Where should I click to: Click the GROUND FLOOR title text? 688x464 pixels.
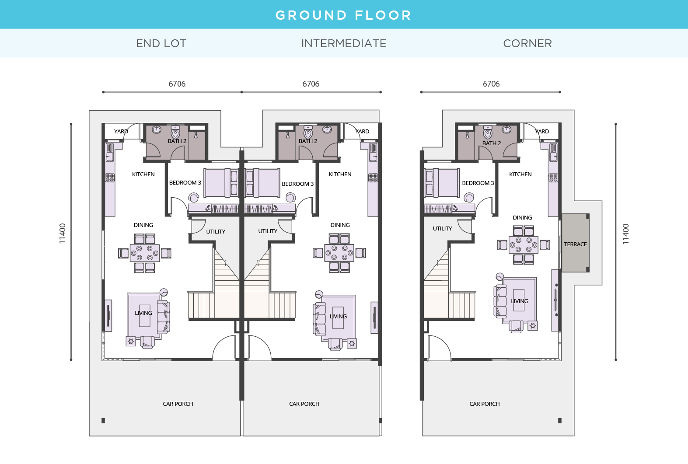pyautogui.click(x=343, y=15)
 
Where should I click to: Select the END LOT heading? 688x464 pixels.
pyautogui.click(x=161, y=43)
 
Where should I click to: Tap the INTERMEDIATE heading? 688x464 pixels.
pyautogui.click(x=344, y=43)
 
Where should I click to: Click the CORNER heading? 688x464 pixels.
pyautogui.click(x=527, y=43)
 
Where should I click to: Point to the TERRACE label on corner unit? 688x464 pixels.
pyautogui.click(x=575, y=244)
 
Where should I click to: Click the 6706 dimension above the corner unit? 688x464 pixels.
pyautogui.click(x=491, y=84)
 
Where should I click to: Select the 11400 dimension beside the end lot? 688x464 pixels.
pyautogui.click(x=63, y=234)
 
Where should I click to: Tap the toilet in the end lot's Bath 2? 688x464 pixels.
pyautogui.click(x=175, y=132)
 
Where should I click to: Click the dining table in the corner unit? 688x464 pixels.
pyautogui.click(x=523, y=245)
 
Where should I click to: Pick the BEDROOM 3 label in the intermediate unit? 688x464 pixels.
pyautogui.click(x=297, y=184)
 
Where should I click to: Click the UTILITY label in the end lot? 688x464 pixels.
pyautogui.click(x=216, y=232)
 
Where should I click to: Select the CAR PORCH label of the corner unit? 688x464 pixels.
pyautogui.click(x=484, y=404)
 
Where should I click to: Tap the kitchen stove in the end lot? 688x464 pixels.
pyautogui.click(x=110, y=178)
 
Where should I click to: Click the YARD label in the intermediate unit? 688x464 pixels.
pyautogui.click(x=362, y=132)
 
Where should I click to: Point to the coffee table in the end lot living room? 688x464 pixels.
pyautogui.click(x=145, y=316)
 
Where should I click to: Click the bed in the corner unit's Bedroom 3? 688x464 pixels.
pyautogui.click(x=442, y=183)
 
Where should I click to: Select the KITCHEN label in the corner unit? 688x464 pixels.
pyautogui.click(x=520, y=174)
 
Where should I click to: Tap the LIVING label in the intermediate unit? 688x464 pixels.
pyautogui.click(x=338, y=317)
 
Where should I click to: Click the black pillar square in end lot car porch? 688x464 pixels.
pyautogui.click(x=103, y=421)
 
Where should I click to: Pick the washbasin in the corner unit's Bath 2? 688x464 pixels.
pyautogui.click(x=506, y=129)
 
